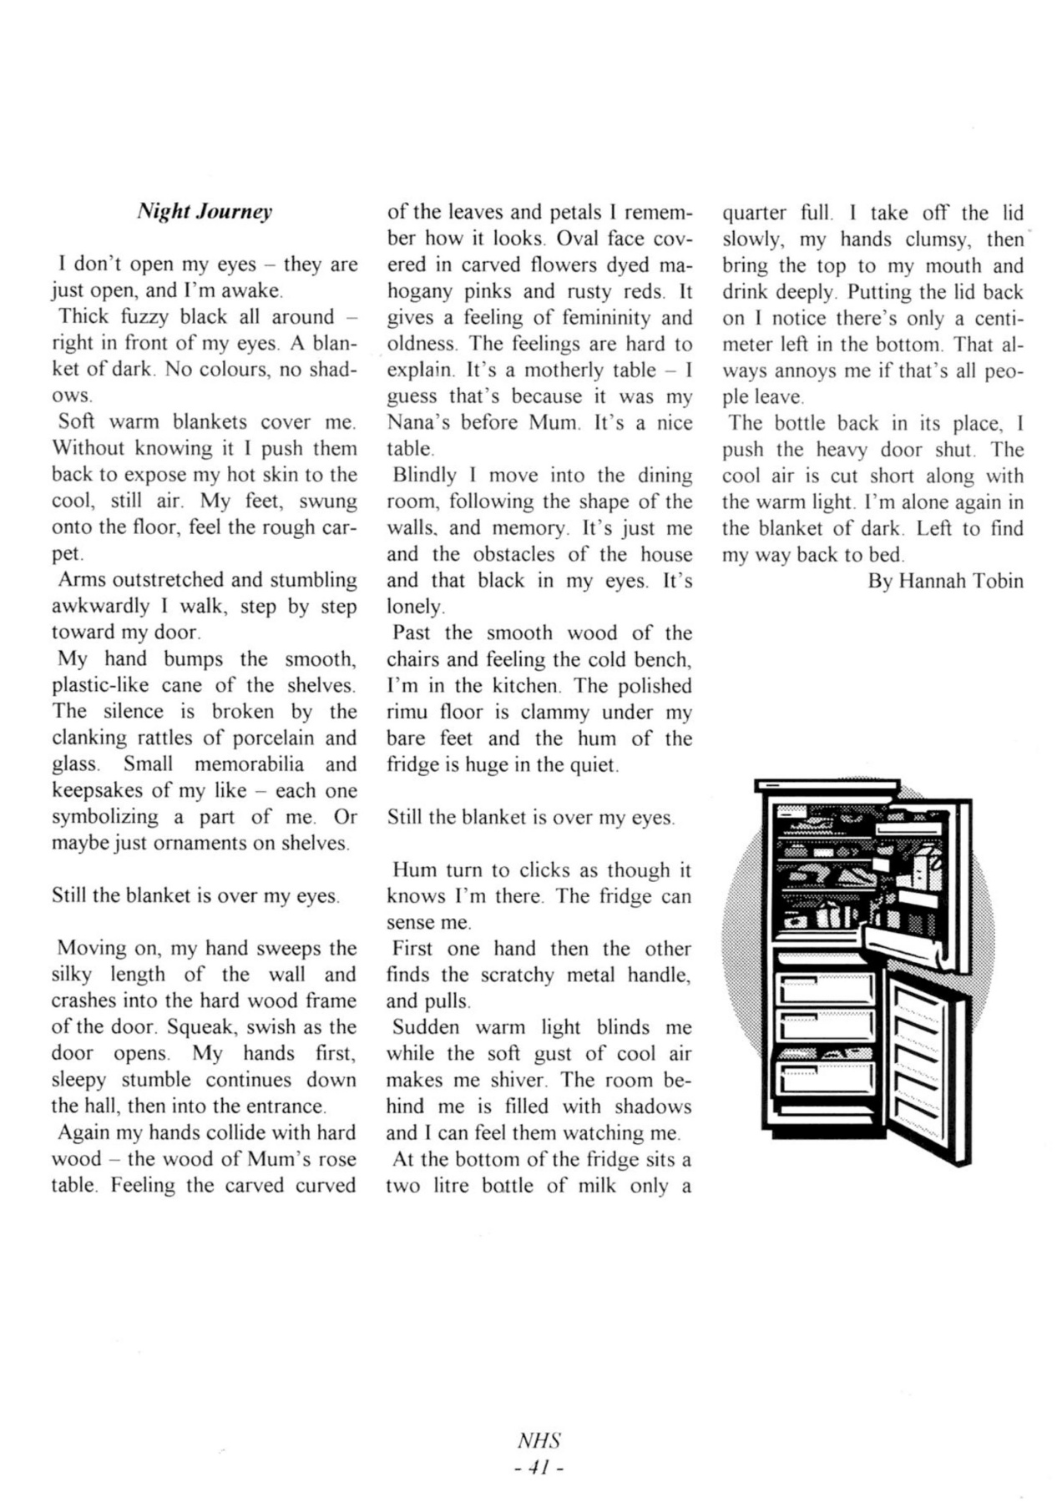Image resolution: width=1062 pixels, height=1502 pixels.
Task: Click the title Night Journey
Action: [x=205, y=212]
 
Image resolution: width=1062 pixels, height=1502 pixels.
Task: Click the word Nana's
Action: [x=419, y=422]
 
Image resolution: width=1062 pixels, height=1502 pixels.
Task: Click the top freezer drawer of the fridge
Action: [x=825, y=990]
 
